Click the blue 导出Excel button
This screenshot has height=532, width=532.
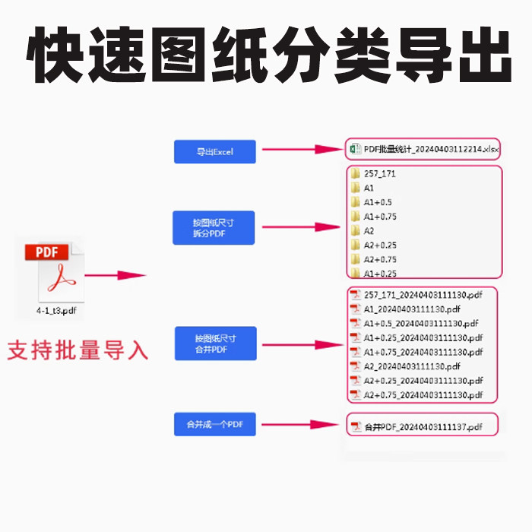[x=215, y=152]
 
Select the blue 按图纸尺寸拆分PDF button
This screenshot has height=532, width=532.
[x=214, y=228]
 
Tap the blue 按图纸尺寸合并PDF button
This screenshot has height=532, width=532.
[x=215, y=344]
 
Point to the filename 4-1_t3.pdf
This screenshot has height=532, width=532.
[x=55, y=311]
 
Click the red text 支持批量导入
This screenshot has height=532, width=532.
[x=78, y=350]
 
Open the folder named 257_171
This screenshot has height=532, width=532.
[x=379, y=173]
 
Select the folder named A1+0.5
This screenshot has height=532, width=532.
[x=378, y=202]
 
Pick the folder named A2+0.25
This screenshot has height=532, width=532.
[x=380, y=245]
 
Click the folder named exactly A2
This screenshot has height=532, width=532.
[x=369, y=230]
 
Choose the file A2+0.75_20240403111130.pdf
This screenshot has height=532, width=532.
[x=423, y=394]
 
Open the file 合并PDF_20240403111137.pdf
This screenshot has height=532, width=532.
[x=423, y=427]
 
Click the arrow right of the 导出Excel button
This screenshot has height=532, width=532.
[x=300, y=150]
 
